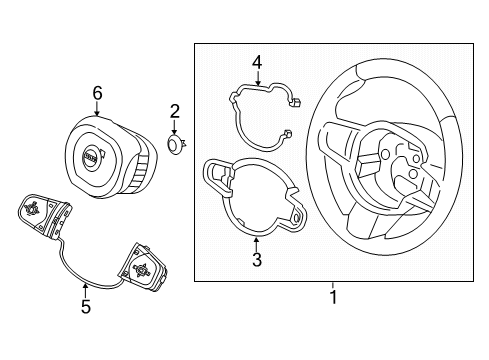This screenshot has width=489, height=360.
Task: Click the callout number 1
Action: point(333,297)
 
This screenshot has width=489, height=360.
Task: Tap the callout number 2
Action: point(175,111)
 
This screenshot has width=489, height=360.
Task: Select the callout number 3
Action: point(257,260)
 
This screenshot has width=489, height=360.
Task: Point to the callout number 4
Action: point(257,63)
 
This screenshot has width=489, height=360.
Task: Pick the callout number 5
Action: point(86,306)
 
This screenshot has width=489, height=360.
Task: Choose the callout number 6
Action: point(97,93)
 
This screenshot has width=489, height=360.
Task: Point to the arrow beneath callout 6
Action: point(97,109)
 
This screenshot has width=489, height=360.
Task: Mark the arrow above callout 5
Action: point(86,290)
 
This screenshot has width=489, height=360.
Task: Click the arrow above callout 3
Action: point(256,244)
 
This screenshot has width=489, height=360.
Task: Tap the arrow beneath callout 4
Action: point(258,78)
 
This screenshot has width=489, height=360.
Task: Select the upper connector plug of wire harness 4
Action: point(296,102)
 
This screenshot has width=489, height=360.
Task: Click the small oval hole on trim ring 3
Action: point(296,217)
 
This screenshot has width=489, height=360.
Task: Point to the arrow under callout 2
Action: point(174,128)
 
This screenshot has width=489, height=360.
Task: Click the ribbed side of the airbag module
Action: point(140,173)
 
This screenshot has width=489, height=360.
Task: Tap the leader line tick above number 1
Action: point(333,285)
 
